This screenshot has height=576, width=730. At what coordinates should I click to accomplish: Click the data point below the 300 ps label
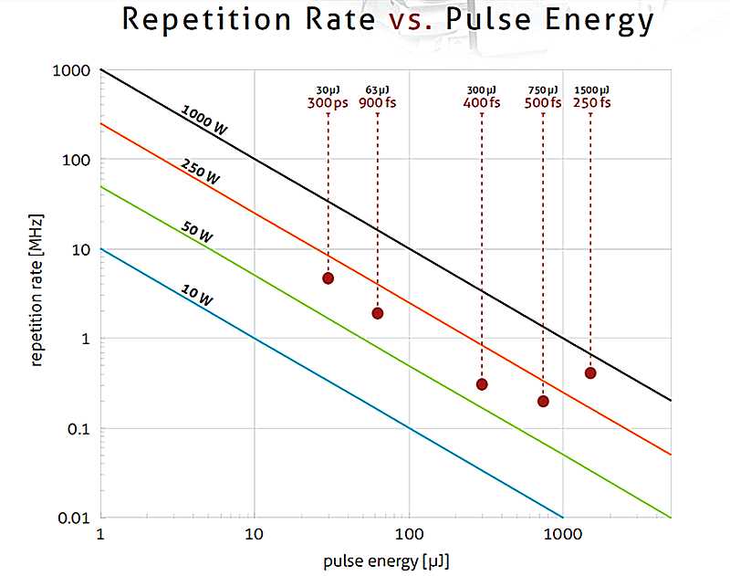click(x=328, y=278)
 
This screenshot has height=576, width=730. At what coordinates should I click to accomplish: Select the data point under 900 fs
click(x=377, y=313)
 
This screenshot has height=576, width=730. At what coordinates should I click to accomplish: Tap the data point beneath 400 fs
click(x=482, y=384)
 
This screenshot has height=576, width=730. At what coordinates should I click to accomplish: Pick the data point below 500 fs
click(x=543, y=401)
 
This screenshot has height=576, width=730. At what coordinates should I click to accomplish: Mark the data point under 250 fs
click(x=590, y=372)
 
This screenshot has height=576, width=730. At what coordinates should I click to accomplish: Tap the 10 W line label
click(x=197, y=296)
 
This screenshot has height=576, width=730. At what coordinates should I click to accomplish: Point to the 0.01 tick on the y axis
click(x=75, y=518)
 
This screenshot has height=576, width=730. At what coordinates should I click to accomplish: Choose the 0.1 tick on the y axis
click(x=79, y=429)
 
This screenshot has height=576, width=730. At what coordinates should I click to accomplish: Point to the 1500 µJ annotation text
click(x=591, y=89)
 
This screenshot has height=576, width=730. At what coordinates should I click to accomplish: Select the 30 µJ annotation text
click(x=328, y=89)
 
